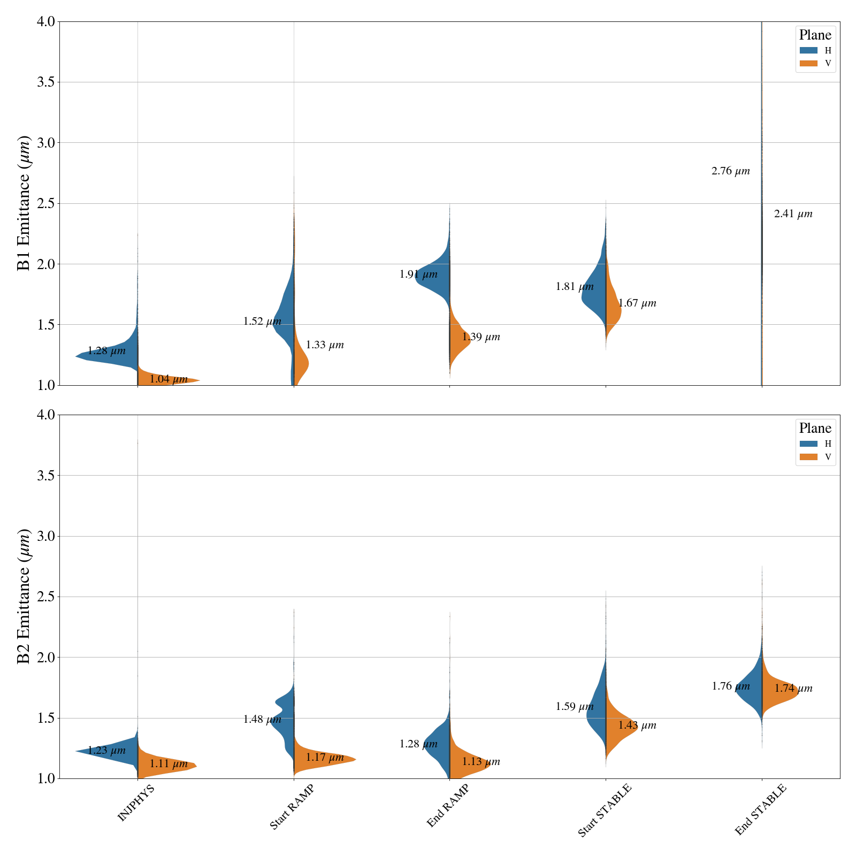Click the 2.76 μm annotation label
pos(730,171)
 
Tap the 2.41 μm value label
pos(793,214)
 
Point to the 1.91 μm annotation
pos(418,274)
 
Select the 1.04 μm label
pos(169,379)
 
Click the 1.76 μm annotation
pos(731,686)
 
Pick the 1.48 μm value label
pos(262,720)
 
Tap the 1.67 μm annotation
pos(637,303)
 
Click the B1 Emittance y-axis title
pos(24,203)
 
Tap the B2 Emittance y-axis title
pos(24,597)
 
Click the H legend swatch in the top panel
pos(808,50)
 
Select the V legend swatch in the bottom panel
pos(808,457)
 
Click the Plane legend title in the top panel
pos(815,35)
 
